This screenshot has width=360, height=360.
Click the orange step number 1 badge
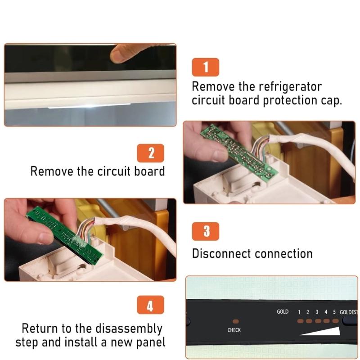tap(206, 67)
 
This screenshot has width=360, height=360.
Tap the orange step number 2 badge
tap(151, 153)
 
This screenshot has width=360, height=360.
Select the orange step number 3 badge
tap(206, 231)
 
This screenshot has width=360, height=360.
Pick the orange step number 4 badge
tap(151, 305)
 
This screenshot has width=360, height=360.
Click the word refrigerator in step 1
tap(290, 87)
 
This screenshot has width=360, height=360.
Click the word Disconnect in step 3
tap(221, 254)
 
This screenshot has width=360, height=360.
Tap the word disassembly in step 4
tap(129, 329)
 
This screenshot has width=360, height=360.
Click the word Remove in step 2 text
tap(52, 171)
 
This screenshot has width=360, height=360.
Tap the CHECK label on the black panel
tap(234, 330)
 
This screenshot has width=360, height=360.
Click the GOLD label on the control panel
tap(283, 311)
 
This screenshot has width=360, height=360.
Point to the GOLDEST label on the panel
tap(348, 312)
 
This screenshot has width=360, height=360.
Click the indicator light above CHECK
tap(236, 321)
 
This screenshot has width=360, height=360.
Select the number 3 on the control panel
tap(317, 312)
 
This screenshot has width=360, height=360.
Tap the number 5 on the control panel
tap(334, 312)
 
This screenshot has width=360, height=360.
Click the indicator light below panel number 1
tap(300, 321)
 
